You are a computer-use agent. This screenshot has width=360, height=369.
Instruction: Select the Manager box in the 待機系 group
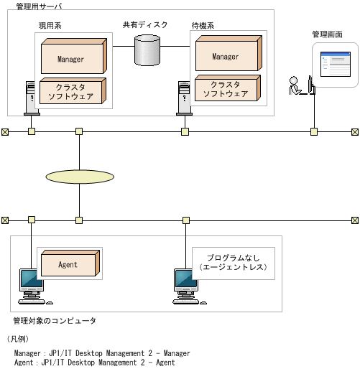pyautogui.click(x=226, y=55)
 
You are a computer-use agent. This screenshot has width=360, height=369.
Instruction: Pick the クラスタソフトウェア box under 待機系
pyautogui.click(x=226, y=88)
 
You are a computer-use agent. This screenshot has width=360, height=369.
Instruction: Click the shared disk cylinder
pyautogui.click(x=149, y=48)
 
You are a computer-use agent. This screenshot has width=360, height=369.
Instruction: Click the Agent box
pyautogui.click(x=68, y=264)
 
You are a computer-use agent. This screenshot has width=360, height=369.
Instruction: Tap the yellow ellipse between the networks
pyautogui.click(x=80, y=176)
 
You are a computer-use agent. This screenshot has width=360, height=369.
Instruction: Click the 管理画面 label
pyautogui.click(x=327, y=34)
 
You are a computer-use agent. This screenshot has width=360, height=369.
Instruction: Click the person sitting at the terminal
pyautogui.click(x=296, y=85)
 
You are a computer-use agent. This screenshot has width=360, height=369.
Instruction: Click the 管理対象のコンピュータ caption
pyautogui.click(x=54, y=320)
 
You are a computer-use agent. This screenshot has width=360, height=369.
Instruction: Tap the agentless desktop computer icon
pyautogui.click(x=185, y=285)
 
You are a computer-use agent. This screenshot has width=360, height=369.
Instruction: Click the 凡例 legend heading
pyautogui.click(x=18, y=338)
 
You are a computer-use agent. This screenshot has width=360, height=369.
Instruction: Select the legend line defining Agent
pyautogui.click(x=94, y=363)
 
